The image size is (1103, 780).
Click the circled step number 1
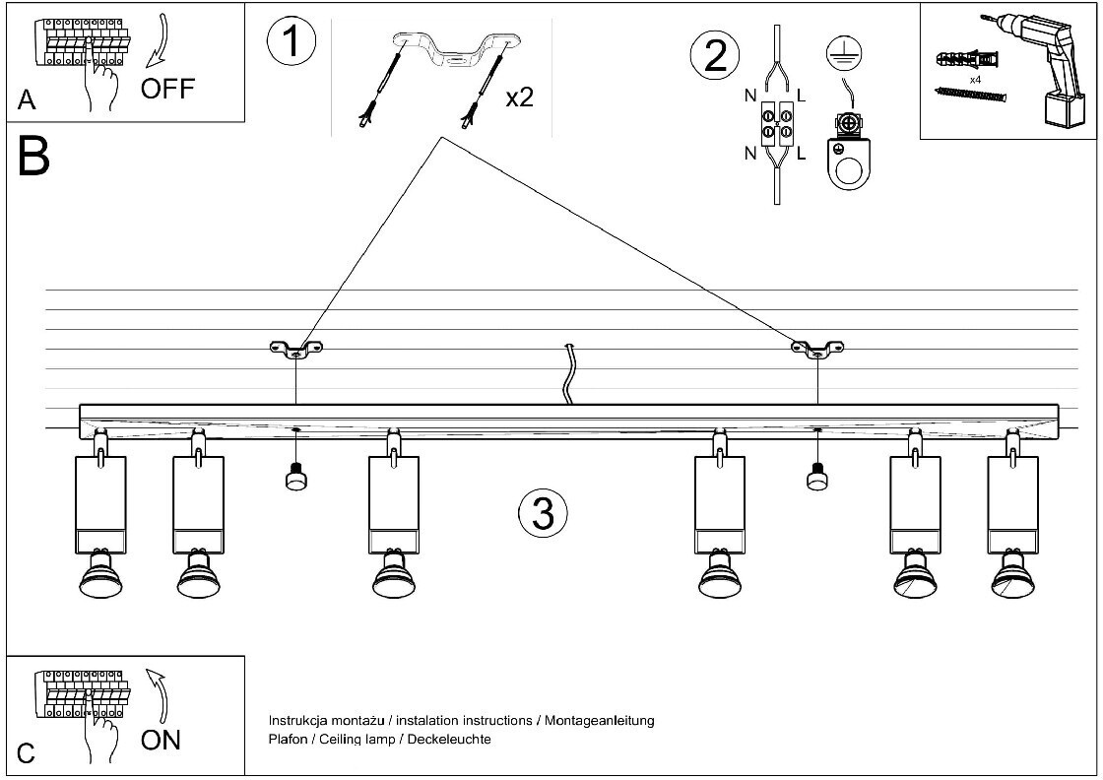tap(292, 40)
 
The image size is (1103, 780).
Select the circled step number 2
tap(715, 55)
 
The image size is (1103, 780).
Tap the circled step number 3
tap(543, 513)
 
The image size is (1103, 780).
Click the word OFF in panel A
tap(167, 90)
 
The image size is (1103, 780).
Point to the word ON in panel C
tap(161, 740)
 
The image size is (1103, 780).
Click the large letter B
tap(33, 157)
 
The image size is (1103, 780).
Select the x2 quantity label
tap(520, 97)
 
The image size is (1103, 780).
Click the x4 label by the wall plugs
tap(975, 80)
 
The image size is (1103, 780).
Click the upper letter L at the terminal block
tap(802, 97)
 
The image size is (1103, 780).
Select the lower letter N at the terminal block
tap(750, 153)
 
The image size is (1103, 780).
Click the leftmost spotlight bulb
tap(100, 574)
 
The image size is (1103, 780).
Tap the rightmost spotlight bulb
tap(1013, 574)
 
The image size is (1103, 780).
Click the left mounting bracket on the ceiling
tap(296, 349)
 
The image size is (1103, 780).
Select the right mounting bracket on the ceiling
tap(817, 349)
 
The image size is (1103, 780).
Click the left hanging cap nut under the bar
tap(296, 476)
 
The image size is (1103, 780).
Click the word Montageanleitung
tap(600, 720)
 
